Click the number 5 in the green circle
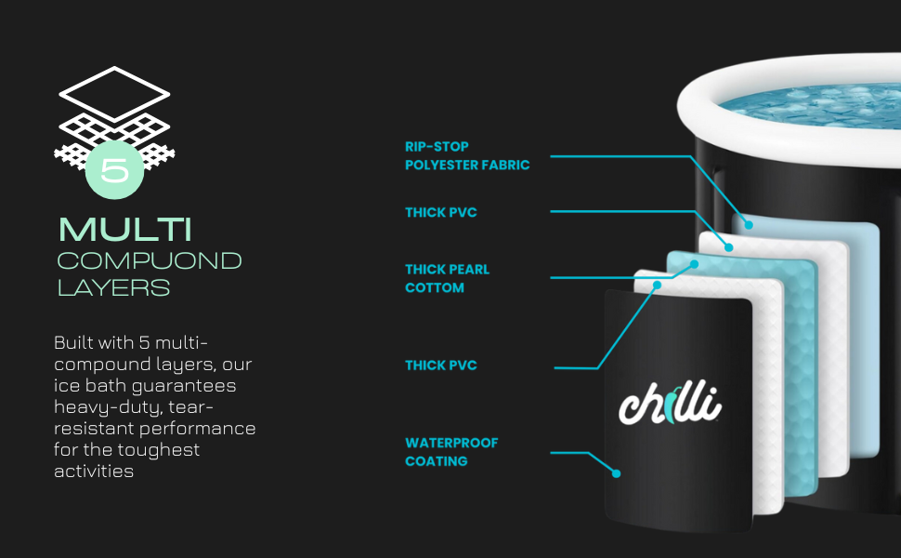114,170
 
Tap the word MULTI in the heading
125,230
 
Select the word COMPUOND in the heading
150,260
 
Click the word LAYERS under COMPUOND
113,287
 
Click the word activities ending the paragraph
94,472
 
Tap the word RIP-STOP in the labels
437,147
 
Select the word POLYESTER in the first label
441,166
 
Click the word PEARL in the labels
470,269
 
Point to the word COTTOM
435,287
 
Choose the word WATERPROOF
451,443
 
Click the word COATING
437,461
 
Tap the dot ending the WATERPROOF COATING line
616,473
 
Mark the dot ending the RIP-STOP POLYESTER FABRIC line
748,225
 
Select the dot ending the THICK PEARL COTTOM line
694,264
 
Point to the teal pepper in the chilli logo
671,405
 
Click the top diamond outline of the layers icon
114,69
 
